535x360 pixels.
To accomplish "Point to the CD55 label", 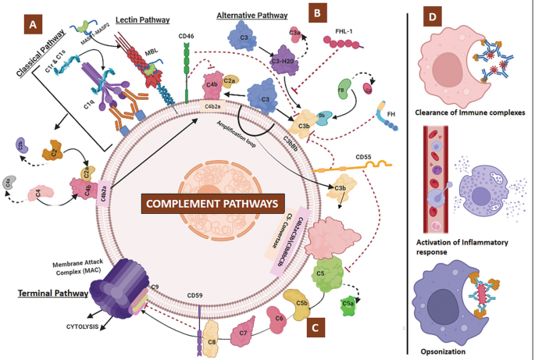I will point(363,156).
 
